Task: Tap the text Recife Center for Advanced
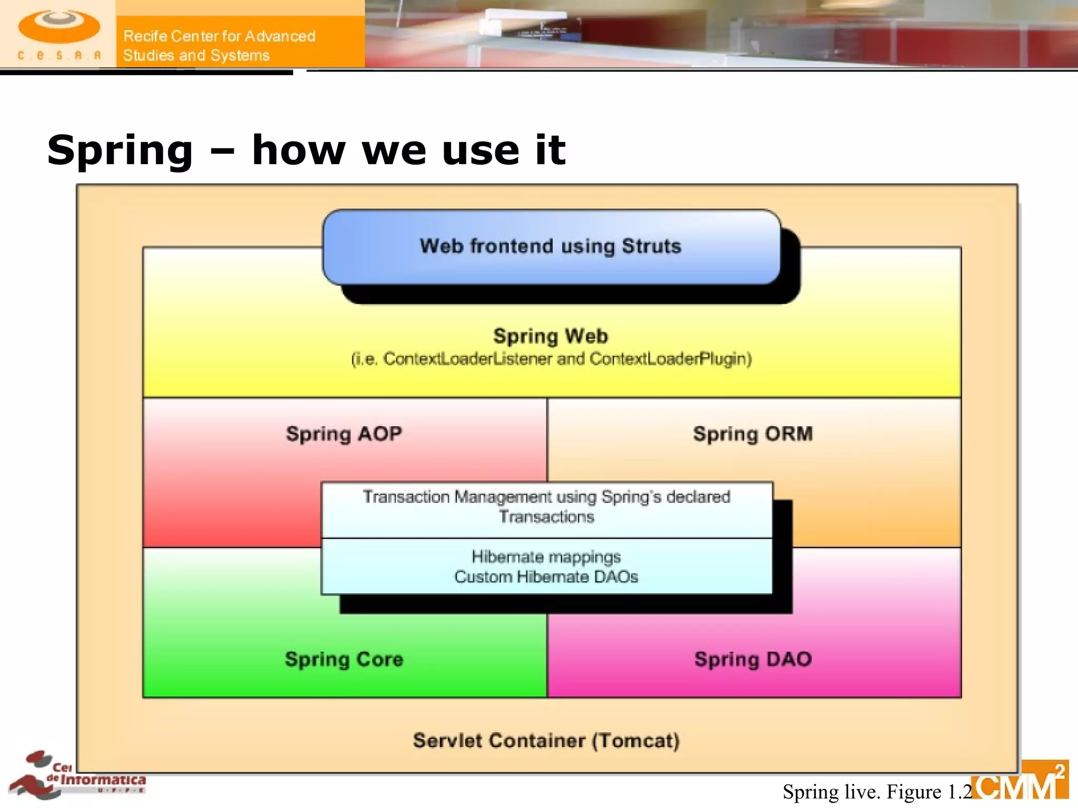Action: pos(219,36)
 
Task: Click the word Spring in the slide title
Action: pos(120,151)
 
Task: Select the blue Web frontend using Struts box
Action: pos(551,247)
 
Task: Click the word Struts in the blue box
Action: pos(651,246)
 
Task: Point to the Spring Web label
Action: pos(551,336)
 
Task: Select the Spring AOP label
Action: pos(344,434)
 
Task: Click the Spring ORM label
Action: pos(753,434)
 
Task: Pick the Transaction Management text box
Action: pos(546,507)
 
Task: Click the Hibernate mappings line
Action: pos(546,557)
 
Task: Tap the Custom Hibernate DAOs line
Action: pos(546,577)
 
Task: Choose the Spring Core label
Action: pos(344,660)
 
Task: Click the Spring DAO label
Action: pos(753,660)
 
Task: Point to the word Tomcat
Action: pos(635,741)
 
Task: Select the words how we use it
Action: pos(408,151)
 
